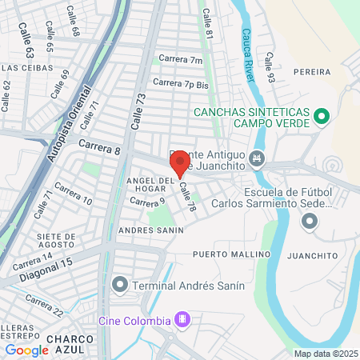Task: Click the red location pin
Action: coord(179,163)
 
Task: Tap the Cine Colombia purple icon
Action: coord(182,320)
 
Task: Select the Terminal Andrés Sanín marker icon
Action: coord(121,284)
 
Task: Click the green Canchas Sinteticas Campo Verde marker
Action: coord(321,118)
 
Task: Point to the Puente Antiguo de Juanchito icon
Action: coord(256,158)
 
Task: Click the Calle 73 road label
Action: coord(136,110)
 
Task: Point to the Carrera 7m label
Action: coord(180,58)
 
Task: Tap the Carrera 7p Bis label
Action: coord(180,82)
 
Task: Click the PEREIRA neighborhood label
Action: coord(311,72)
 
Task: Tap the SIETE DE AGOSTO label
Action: coord(56,241)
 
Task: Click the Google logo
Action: coord(27,350)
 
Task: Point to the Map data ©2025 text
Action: coord(326,354)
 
